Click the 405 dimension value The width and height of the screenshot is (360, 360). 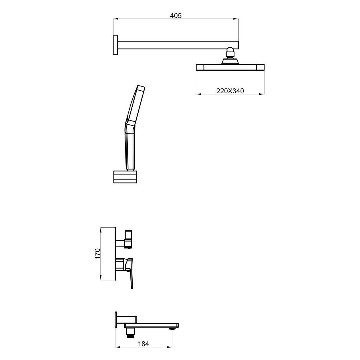[176, 16]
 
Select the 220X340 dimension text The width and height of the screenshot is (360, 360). [230, 91]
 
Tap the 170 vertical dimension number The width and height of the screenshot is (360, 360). [98, 253]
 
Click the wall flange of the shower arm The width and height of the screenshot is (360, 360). [115, 45]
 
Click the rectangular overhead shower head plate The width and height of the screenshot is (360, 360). [230, 67]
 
